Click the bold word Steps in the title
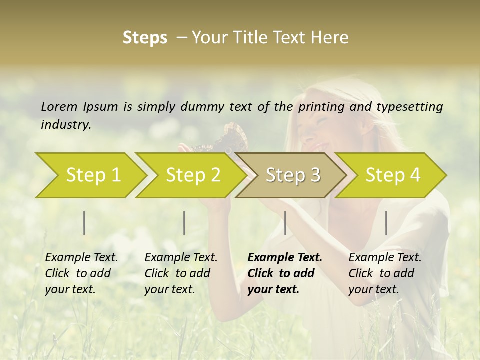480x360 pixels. pyautogui.click(x=145, y=38)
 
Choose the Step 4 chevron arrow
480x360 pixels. pyautogui.click(x=393, y=175)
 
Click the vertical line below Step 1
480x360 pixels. pyautogui.click(x=84, y=223)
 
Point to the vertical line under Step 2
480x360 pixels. pyautogui.click(x=184, y=223)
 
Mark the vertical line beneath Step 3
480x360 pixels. pyautogui.click(x=285, y=223)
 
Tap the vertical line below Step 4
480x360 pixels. pyautogui.click(x=386, y=223)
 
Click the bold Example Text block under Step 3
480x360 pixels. pyautogui.click(x=285, y=273)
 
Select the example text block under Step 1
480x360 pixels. pyautogui.click(x=81, y=273)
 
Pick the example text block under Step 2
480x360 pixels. pyautogui.click(x=181, y=273)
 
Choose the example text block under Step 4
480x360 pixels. pyautogui.click(x=385, y=273)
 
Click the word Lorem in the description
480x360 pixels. pyautogui.click(x=59, y=106)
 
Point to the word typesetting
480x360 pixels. pyautogui.click(x=410, y=107)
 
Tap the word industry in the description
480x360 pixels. pyautogui.click(x=66, y=125)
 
